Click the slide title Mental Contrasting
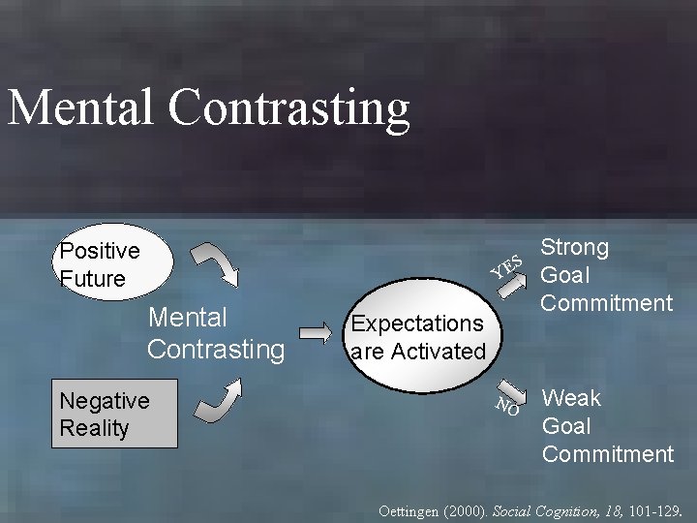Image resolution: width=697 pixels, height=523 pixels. (x=208, y=108)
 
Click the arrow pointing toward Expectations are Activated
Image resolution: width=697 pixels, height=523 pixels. (x=315, y=332)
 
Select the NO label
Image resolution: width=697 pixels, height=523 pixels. (x=508, y=406)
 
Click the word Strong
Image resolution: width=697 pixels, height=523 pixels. (x=574, y=247)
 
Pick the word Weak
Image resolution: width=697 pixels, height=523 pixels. (x=571, y=398)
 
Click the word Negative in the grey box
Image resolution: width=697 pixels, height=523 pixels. (x=105, y=400)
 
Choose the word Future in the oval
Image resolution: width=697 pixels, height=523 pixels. (x=93, y=279)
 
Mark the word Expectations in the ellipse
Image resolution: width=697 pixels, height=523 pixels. (x=417, y=323)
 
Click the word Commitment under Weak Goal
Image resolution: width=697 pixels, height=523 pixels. (x=608, y=453)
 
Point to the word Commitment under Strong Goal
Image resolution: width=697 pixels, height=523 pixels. (x=606, y=303)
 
